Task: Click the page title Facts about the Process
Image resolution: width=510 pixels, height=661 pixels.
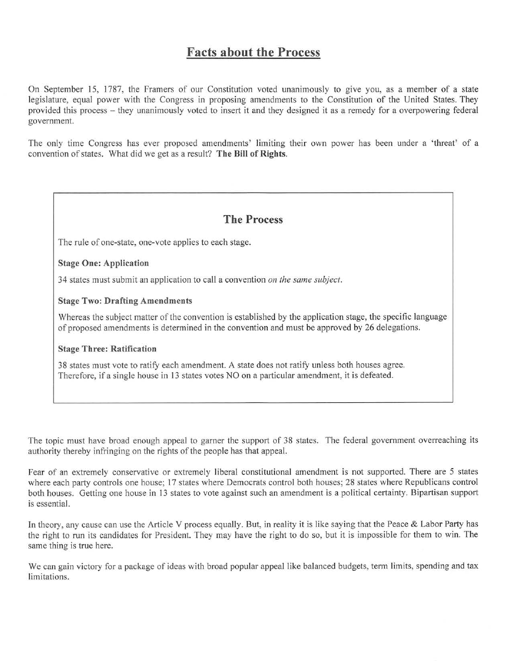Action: click(x=253, y=53)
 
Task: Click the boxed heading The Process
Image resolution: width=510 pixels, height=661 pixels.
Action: click(x=253, y=220)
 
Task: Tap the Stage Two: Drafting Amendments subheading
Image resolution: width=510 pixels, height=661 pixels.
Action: click(x=125, y=300)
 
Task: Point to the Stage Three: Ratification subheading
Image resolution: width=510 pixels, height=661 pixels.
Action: click(x=107, y=349)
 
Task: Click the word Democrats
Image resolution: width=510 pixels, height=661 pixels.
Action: click(x=227, y=482)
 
